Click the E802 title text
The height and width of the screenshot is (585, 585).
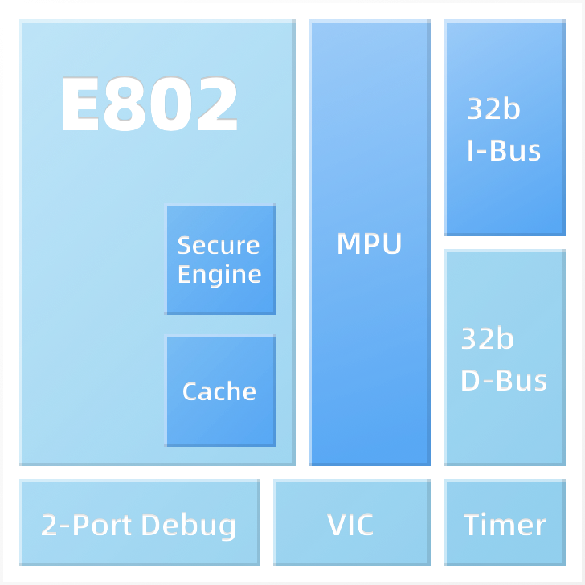149,104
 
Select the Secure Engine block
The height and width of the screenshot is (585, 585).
220,259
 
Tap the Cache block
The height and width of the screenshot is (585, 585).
220,391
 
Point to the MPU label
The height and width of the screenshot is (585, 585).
370,243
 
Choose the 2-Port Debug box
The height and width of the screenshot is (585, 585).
140,522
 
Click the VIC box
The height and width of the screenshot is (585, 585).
352,522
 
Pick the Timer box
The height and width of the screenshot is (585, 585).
505,522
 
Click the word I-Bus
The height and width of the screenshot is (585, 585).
504,151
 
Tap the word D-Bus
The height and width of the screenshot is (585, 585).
504,381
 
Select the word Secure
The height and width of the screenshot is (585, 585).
219,246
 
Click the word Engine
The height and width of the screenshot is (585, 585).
219,275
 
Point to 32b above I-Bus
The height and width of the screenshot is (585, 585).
493,108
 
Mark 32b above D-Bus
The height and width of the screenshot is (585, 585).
487,338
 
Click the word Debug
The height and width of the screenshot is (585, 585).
189,526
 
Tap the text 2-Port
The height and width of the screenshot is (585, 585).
88,525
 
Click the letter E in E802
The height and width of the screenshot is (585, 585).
81,104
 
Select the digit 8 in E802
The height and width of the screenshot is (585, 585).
124,104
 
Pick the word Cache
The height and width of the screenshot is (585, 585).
219,391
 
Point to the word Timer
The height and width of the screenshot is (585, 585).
505,525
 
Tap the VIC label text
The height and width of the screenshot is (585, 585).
350,525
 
